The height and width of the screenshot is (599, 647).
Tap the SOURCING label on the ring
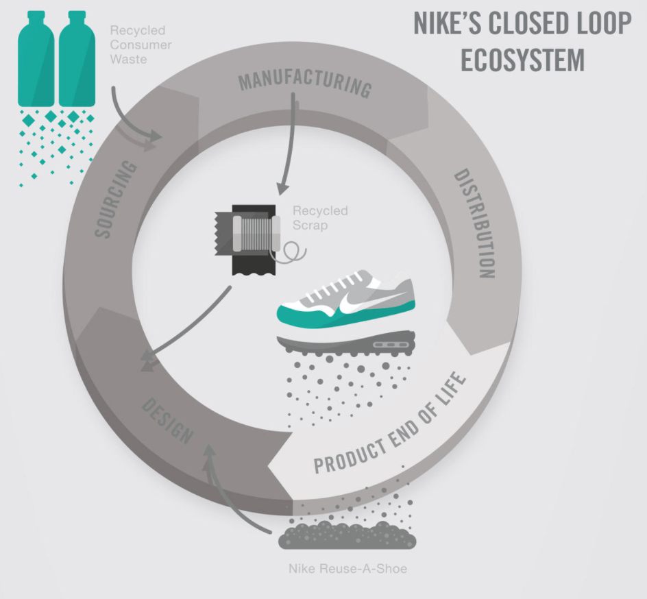point(116,199)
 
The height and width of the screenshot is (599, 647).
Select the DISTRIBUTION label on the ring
point(474,223)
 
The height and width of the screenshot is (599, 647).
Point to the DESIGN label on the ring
point(167,421)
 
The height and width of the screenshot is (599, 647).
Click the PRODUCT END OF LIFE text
point(390,423)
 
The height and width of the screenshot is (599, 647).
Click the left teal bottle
point(36,58)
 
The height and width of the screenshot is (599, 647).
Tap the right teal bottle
point(77,58)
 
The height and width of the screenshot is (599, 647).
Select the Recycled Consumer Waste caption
point(141,45)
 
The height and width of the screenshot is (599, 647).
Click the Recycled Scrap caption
point(320,218)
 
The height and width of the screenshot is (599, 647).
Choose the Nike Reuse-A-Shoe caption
point(348,568)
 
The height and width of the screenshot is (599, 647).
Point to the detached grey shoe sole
point(346,343)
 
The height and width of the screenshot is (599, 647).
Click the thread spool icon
point(256,234)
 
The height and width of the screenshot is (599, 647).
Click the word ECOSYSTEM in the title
point(522,60)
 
